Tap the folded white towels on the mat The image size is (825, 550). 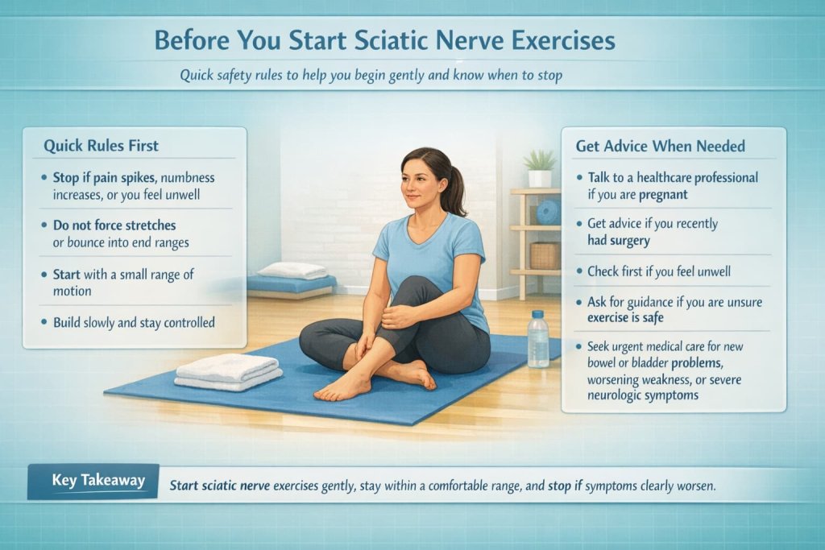tap(228, 371)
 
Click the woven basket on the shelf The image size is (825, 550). tap(545, 255)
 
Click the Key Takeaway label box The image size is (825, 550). tap(93, 481)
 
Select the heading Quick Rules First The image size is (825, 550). tap(101, 146)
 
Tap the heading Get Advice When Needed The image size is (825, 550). tap(660, 146)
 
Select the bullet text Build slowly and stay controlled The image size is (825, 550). tap(134, 323)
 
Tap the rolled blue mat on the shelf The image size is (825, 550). tap(549, 212)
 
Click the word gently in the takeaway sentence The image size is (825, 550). tap(337, 486)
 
